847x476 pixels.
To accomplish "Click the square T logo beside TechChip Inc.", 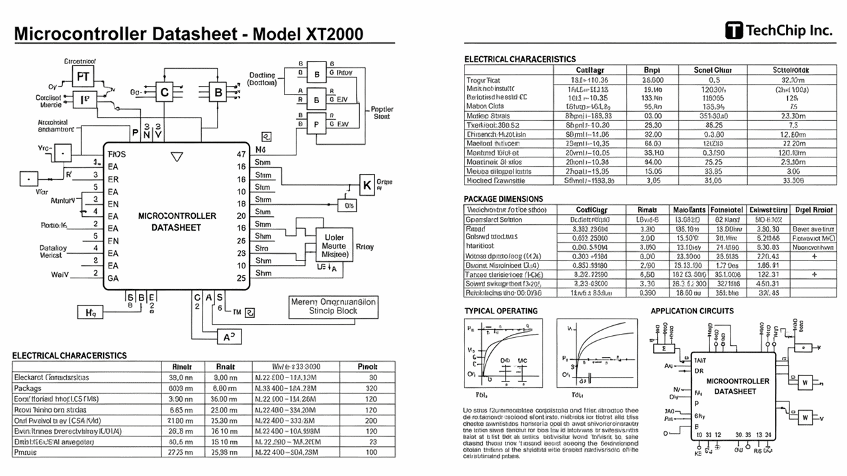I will coord(734,30).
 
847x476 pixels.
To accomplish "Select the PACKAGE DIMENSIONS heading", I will coord(504,198).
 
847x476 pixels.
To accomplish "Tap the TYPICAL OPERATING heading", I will coord(501,311).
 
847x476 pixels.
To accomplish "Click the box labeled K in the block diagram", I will coord(367,186).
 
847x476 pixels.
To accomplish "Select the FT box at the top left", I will coord(83,76).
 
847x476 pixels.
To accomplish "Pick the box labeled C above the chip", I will coord(164,93).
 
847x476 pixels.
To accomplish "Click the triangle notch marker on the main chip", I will coord(177,157).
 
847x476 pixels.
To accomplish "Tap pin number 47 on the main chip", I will coord(241,154).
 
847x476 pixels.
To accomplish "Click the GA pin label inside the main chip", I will coord(113,278).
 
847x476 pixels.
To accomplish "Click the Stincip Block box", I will coord(334,306).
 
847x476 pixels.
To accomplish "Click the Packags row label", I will coord(28,389).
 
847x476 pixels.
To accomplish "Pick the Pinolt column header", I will coord(367,366).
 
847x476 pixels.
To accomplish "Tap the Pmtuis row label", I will coord(26,452).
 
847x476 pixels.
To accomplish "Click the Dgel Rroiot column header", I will coord(813,210).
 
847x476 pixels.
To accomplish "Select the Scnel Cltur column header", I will coord(712,69).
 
